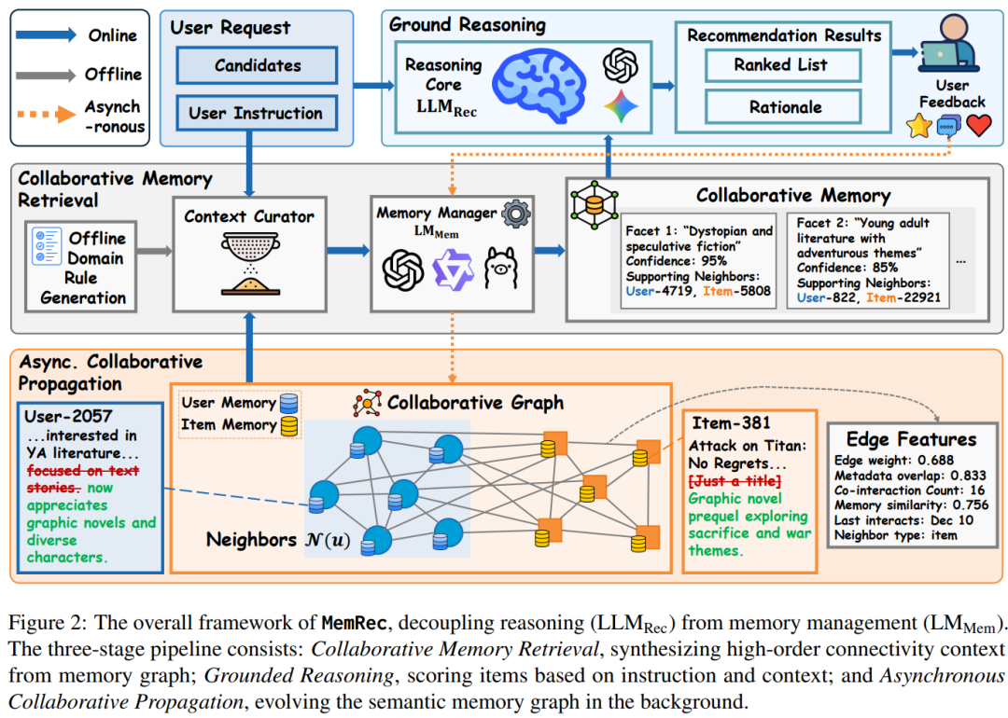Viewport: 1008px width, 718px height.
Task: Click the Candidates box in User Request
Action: [x=257, y=65]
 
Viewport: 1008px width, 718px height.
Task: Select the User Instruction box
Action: [x=257, y=114]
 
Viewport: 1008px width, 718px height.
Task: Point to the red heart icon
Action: [x=978, y=125]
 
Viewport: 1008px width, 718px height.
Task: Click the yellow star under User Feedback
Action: [x=919, y=126]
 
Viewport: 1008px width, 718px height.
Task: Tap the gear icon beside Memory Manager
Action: [x=515, y=214]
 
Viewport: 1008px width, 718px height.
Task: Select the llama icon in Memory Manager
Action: [x=500, y=269]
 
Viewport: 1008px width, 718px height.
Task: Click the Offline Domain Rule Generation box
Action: [x=80, y=266]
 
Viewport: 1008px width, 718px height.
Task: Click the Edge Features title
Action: [x=910, y=439]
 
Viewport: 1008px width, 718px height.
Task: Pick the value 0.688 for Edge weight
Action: [x=936, y=460]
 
